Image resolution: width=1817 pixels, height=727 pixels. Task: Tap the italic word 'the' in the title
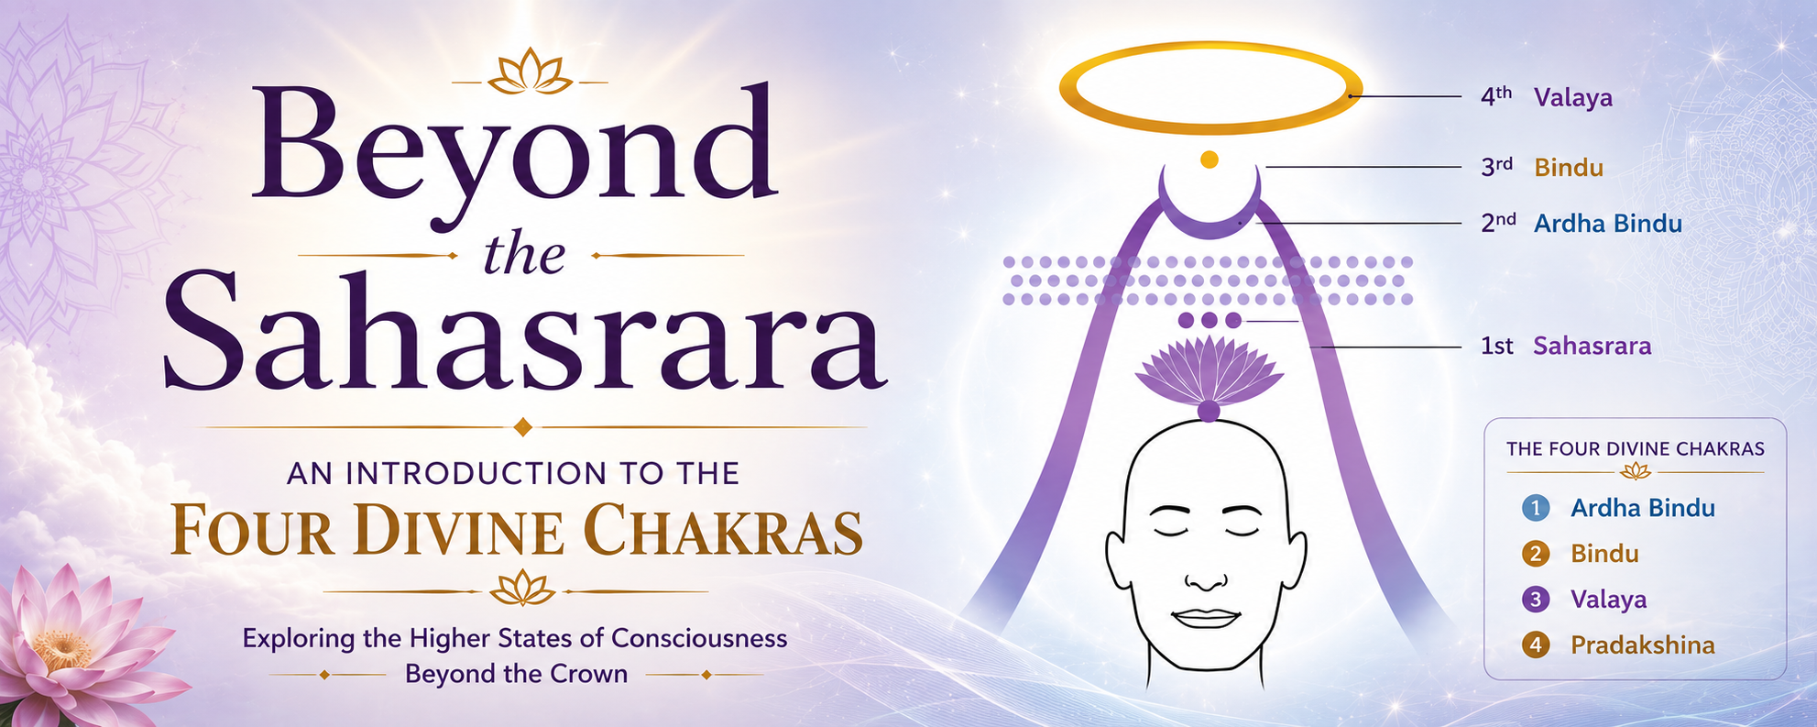click(524, 255)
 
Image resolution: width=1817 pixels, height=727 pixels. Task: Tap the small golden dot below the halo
click(1210, 160)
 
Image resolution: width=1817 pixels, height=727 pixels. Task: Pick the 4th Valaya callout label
click(1547, 97)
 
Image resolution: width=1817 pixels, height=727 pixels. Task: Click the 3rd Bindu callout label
click(1542, 168)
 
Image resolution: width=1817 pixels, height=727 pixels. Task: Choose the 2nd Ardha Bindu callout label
click(1582, 224)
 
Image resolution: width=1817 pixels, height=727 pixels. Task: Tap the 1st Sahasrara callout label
click(1566, 346)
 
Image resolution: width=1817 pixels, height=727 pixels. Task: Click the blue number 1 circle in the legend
click(1536, 508)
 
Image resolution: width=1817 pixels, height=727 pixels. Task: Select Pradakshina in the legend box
click(1643, 645)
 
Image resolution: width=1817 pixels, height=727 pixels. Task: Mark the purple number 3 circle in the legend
click(1536, 600)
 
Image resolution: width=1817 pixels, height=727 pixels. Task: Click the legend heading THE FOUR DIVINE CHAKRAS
click(1636, 449)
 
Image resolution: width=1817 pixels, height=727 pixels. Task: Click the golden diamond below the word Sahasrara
click(523, 427)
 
